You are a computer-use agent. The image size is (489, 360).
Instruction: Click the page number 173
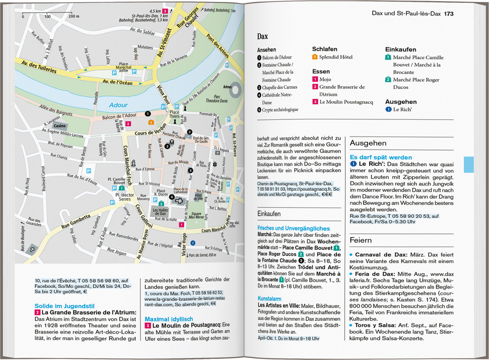448,13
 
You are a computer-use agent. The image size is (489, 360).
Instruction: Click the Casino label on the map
60,126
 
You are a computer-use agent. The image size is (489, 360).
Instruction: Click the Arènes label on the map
228,87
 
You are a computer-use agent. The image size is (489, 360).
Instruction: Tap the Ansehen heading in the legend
267,50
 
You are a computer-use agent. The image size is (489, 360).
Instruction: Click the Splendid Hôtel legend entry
336,57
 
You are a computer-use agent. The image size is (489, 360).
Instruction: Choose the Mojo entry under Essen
326,79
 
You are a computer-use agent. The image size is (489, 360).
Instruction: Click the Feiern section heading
361,240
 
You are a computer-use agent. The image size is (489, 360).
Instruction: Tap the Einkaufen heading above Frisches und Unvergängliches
269,214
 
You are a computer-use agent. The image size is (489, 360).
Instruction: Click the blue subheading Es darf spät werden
381,157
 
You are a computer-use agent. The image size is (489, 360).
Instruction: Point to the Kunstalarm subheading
269,298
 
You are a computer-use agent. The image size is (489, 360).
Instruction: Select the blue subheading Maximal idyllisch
169,319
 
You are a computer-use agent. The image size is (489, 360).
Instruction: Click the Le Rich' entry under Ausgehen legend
403,109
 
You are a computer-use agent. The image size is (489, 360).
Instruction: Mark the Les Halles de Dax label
162,211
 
